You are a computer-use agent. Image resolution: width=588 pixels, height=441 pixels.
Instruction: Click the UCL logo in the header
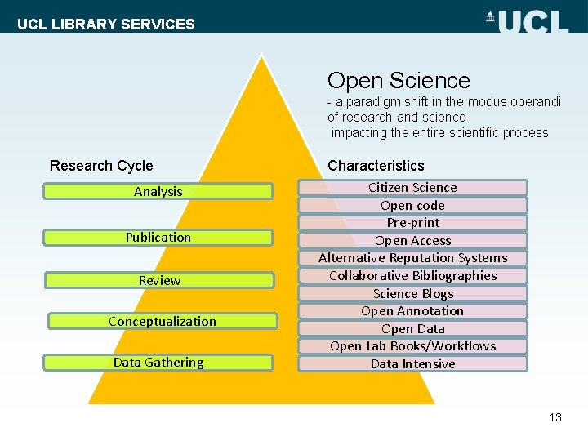click(x=528, y=20)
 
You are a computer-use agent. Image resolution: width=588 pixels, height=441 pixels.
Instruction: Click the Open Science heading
click(x=399, y=81)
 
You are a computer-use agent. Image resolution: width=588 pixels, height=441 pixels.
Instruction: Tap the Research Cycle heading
click(x=101, y=166)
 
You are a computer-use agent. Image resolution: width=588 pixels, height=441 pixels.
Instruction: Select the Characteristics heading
click(x=376, y=166)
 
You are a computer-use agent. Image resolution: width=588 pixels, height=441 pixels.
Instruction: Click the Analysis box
click(x=158, y=192)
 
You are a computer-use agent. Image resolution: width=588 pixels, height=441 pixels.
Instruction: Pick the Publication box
click(x=158, y=238)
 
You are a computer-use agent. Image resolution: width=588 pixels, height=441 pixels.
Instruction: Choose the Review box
click(x=159, y=281)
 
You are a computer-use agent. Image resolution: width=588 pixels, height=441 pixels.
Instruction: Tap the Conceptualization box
click(x=163, y=322)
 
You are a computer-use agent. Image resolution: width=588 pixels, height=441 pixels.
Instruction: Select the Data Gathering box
click(x=158, y=363)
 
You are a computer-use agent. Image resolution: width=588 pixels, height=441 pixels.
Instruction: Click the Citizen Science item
click(x=412, y=188)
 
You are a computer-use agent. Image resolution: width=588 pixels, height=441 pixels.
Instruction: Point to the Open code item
click(x=412, y=206)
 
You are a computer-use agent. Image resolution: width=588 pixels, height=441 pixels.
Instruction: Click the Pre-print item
click(x=412, y=223)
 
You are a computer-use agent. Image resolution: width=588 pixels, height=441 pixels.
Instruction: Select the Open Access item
click(x=412, y=241)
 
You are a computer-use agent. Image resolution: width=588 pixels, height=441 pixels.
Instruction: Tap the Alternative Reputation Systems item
click(x=412, y=258)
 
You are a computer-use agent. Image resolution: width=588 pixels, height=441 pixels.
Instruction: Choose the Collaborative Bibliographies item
click(x=412, y=276)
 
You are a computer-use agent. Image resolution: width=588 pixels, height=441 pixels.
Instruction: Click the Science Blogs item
click(x=412, y=294)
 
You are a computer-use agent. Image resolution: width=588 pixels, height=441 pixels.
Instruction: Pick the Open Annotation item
click(x=412, y=311)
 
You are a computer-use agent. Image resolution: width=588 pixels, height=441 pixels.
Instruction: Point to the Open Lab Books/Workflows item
click(x=412, y=346)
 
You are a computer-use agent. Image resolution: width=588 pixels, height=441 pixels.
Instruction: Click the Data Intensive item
click(x=412, y=364)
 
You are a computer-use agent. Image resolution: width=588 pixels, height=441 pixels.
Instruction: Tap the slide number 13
click(x=555, y=417)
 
